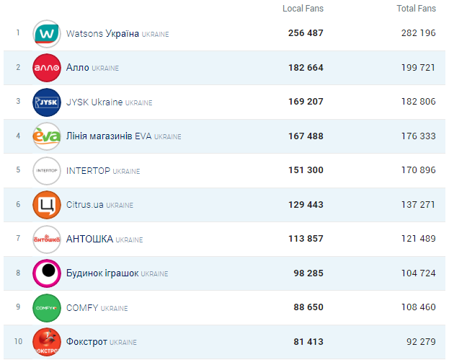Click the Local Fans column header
tap(303, 9)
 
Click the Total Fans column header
tap(416, 9)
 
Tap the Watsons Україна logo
tap(47, 34)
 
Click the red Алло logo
tap(47, 68)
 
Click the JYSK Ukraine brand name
tap(94, 102)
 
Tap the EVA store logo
tap(47, 136)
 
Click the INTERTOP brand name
tap(88, 170)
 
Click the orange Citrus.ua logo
tap(47, 205)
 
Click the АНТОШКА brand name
tap(89, 239)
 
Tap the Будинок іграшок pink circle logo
tap(47, 273)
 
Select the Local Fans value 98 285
tap(306, 273)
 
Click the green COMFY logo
tap(47, 307)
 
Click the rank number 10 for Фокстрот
tap(18, 341)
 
